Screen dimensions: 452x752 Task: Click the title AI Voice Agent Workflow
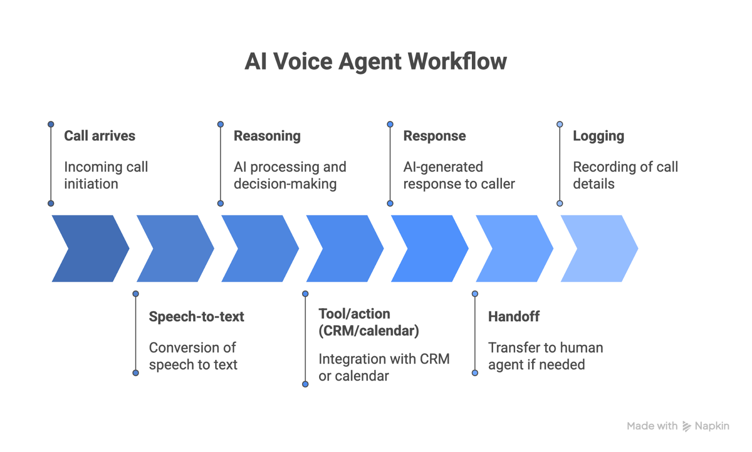click(376, 61)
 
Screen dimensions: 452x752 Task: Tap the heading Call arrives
click(100, 136)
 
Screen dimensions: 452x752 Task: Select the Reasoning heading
click(267, 136)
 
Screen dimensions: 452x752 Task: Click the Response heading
click(434, 136)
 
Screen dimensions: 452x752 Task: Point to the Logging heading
click(598, 136)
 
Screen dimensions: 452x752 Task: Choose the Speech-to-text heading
click(196, 316)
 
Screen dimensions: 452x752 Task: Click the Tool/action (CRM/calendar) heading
click(368, 322)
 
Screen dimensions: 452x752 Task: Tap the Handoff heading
click(514, 316)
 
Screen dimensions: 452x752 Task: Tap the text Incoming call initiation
click(106, 175)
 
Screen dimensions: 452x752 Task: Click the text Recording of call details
click(625, 175)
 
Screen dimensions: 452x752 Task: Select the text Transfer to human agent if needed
click(545, 356)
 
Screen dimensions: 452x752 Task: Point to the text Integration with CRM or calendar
click(384, 367)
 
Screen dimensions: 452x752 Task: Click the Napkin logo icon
click(687, 426)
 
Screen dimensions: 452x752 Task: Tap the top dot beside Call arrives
click(51, 125)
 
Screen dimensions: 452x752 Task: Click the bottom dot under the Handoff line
click(475, 373)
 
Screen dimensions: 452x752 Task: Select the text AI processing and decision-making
click(290, 175)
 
